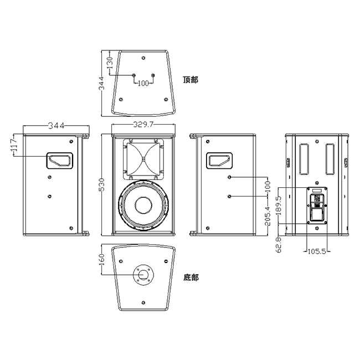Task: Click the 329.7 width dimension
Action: [143, 125]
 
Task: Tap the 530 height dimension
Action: [101, 184]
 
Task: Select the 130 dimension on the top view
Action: [110, 63]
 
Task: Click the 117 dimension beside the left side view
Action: [14, 145]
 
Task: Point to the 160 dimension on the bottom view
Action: [101, 260]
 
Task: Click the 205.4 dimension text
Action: [268, 215]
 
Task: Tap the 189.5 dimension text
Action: [279, 205]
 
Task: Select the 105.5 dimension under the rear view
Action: [317, 251]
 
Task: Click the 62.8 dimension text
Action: [279, 245]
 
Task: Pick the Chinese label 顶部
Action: [191, 80]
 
